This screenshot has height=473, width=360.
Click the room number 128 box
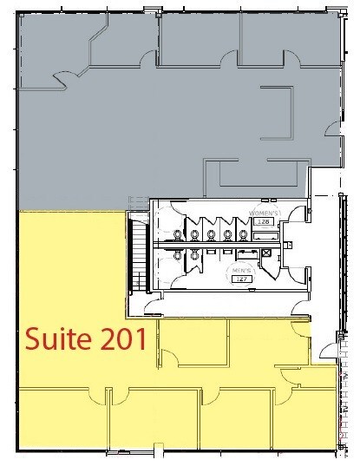(263, 222)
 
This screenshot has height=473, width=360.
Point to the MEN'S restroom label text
(242, 271)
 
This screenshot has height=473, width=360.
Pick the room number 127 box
(242, 279)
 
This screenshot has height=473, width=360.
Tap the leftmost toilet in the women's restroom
(177, 234)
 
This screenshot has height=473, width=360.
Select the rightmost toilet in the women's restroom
(244, 234)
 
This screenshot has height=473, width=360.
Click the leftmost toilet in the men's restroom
(177, 253)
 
